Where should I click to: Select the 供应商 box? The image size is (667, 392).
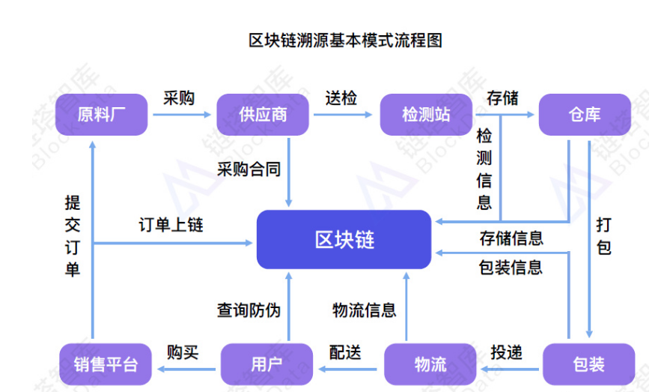click(263, 115)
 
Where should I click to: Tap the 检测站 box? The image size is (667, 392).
click(426, 115)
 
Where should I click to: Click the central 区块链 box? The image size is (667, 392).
click(344, 240)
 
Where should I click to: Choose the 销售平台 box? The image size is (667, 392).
click(106, 365)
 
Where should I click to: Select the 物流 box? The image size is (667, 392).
click(430, 365)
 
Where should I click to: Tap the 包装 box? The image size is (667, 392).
click(588, 365)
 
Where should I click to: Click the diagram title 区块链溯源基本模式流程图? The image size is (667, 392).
click(345, 40)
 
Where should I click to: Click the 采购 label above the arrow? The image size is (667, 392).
click(179, 97)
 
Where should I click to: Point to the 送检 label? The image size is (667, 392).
click(341, 97)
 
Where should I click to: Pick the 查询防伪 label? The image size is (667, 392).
click(249, 310)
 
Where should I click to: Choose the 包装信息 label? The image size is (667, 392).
click(511, 268)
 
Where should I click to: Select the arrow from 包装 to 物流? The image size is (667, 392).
click(509, 368)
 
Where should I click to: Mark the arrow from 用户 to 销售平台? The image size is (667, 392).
click(186, 368)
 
